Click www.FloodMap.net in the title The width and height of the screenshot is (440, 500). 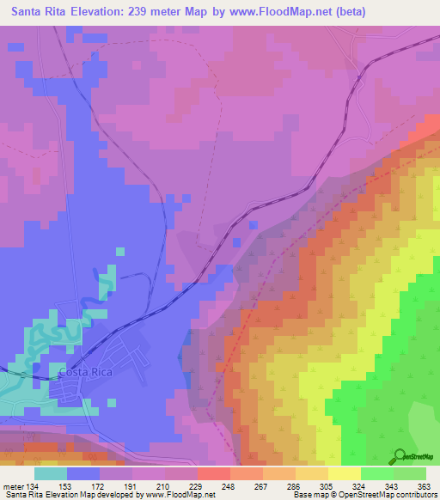point(278,12)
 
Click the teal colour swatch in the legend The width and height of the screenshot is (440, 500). point(51,473)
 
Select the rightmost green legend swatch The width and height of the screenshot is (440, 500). point(410,473)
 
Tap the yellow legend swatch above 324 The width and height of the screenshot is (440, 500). point(345,473)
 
